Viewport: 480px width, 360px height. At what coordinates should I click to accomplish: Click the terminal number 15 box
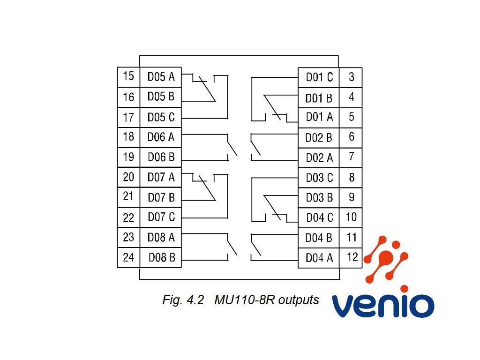point(128,77)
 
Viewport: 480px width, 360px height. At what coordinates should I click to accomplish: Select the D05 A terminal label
point(161,76)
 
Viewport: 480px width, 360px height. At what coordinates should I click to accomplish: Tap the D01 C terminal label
point(319,77)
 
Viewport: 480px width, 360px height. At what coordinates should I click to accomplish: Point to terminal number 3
point(352,77)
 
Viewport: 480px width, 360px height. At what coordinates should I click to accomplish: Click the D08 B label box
point(161,257)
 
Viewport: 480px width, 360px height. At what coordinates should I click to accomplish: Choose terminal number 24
point(128,257)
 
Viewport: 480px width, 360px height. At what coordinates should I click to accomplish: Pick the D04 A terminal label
point(319,258)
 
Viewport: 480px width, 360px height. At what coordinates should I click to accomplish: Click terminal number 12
point(352,257)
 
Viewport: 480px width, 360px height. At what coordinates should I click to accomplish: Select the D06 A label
point(161,137)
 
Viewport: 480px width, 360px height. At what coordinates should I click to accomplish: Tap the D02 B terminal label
point(319,138)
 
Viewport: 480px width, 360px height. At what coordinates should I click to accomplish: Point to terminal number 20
point(128,177)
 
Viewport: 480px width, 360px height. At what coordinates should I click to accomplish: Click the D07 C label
point(161,217)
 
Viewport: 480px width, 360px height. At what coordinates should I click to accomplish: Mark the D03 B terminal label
point(319,197)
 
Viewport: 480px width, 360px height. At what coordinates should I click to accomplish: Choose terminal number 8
point(352,177)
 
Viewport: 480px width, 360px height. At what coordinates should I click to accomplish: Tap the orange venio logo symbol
point(386,259)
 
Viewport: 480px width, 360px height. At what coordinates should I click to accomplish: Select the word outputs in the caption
point(299,300)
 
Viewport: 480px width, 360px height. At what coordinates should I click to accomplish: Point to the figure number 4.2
point(195,300)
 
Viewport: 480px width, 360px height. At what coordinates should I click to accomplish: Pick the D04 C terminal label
point(320,217)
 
